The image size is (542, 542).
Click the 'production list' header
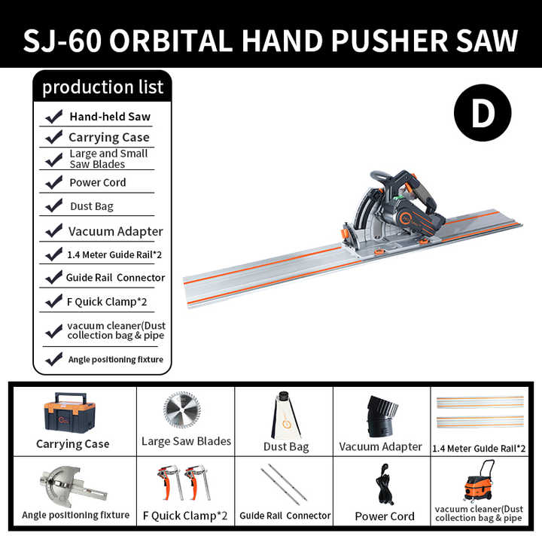pyautogui.click(x=102, y=87)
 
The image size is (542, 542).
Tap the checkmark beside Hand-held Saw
pyautogui.click(x=54, y=117)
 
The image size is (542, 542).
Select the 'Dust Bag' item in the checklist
pyautogui.click(x=91, y=206)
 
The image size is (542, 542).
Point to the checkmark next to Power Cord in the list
pyautogui.click(x=54, y=182)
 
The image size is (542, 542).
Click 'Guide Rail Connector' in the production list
pyautogui.click(x=115, y=278)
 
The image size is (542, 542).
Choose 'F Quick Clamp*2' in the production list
pyautogui.click(x=105, y=302)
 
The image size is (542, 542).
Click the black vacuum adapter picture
pyautogui.click(x=382, y=416)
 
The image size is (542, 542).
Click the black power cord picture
pyautogui.click(x=384, y=483)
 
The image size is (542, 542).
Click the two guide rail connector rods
pyautogui.click(x=284, y=485)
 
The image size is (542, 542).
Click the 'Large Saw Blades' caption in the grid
pyautogui.click(x=186, y=442)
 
